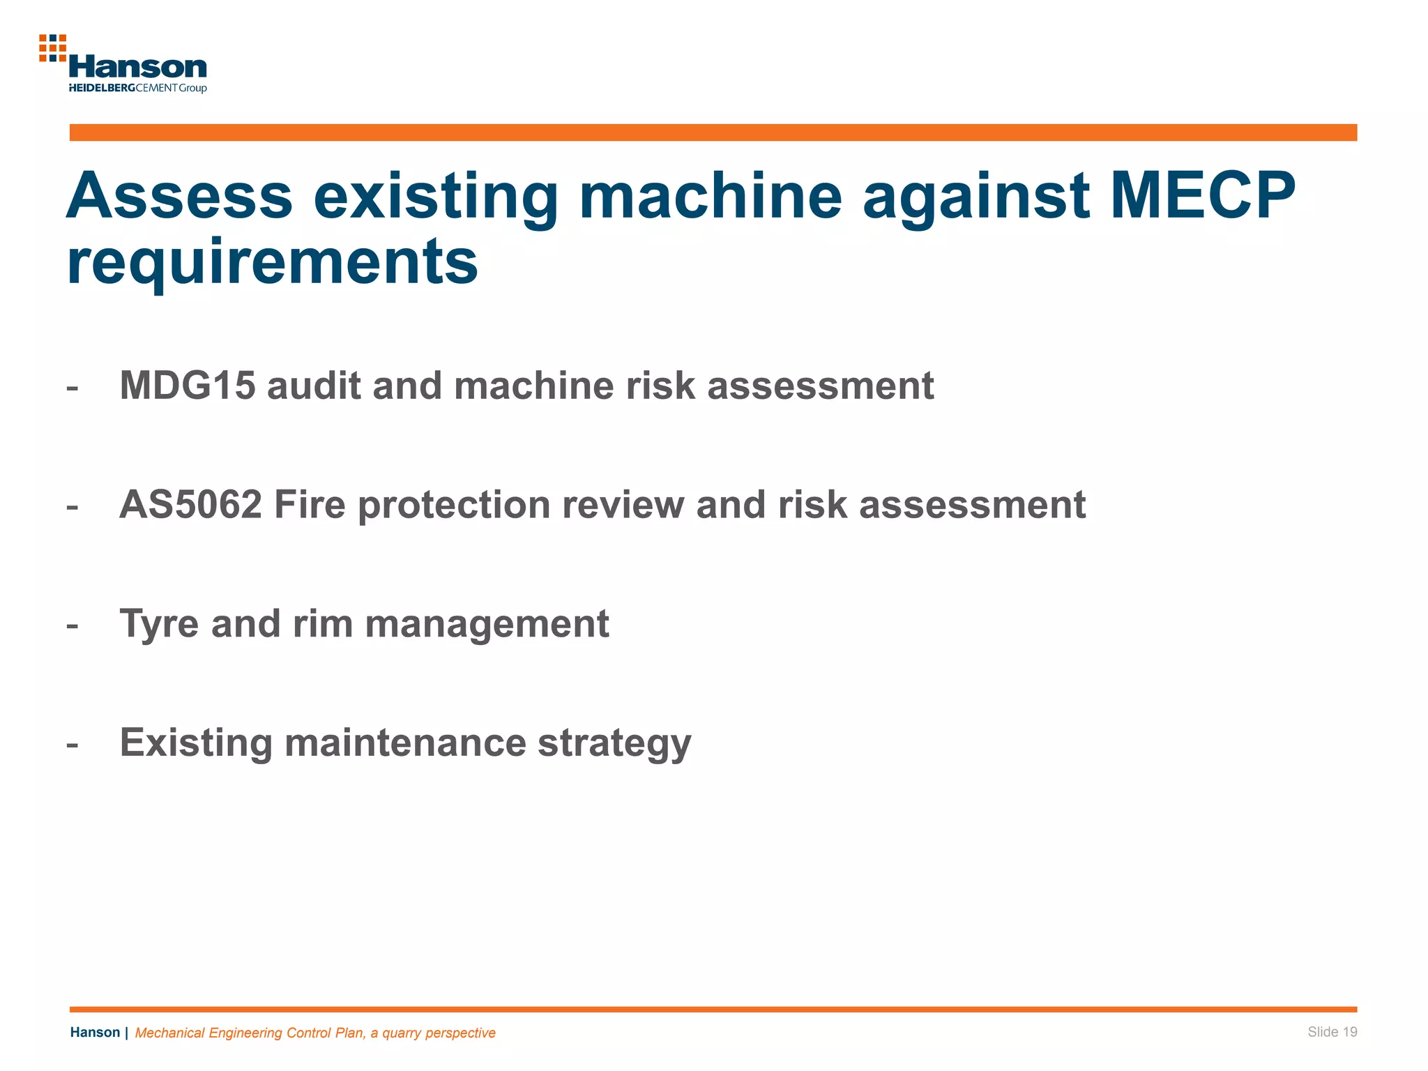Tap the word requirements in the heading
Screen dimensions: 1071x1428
tap(273, 262)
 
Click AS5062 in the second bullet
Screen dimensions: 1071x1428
tap(190, 505)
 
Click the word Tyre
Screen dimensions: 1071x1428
tap(159, 624)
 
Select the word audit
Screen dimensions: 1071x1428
tap(314, 386)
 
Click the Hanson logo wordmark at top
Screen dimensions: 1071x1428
tap(138, 68)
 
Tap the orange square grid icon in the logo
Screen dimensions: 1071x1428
tap(52, 48)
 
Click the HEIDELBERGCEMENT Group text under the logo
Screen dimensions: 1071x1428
tap(138, 88)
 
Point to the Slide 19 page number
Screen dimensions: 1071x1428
tap(1332, 1032)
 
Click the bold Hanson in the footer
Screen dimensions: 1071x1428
tap(95, 1033)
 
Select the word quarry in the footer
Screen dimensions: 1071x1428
tap(403, 1033)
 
